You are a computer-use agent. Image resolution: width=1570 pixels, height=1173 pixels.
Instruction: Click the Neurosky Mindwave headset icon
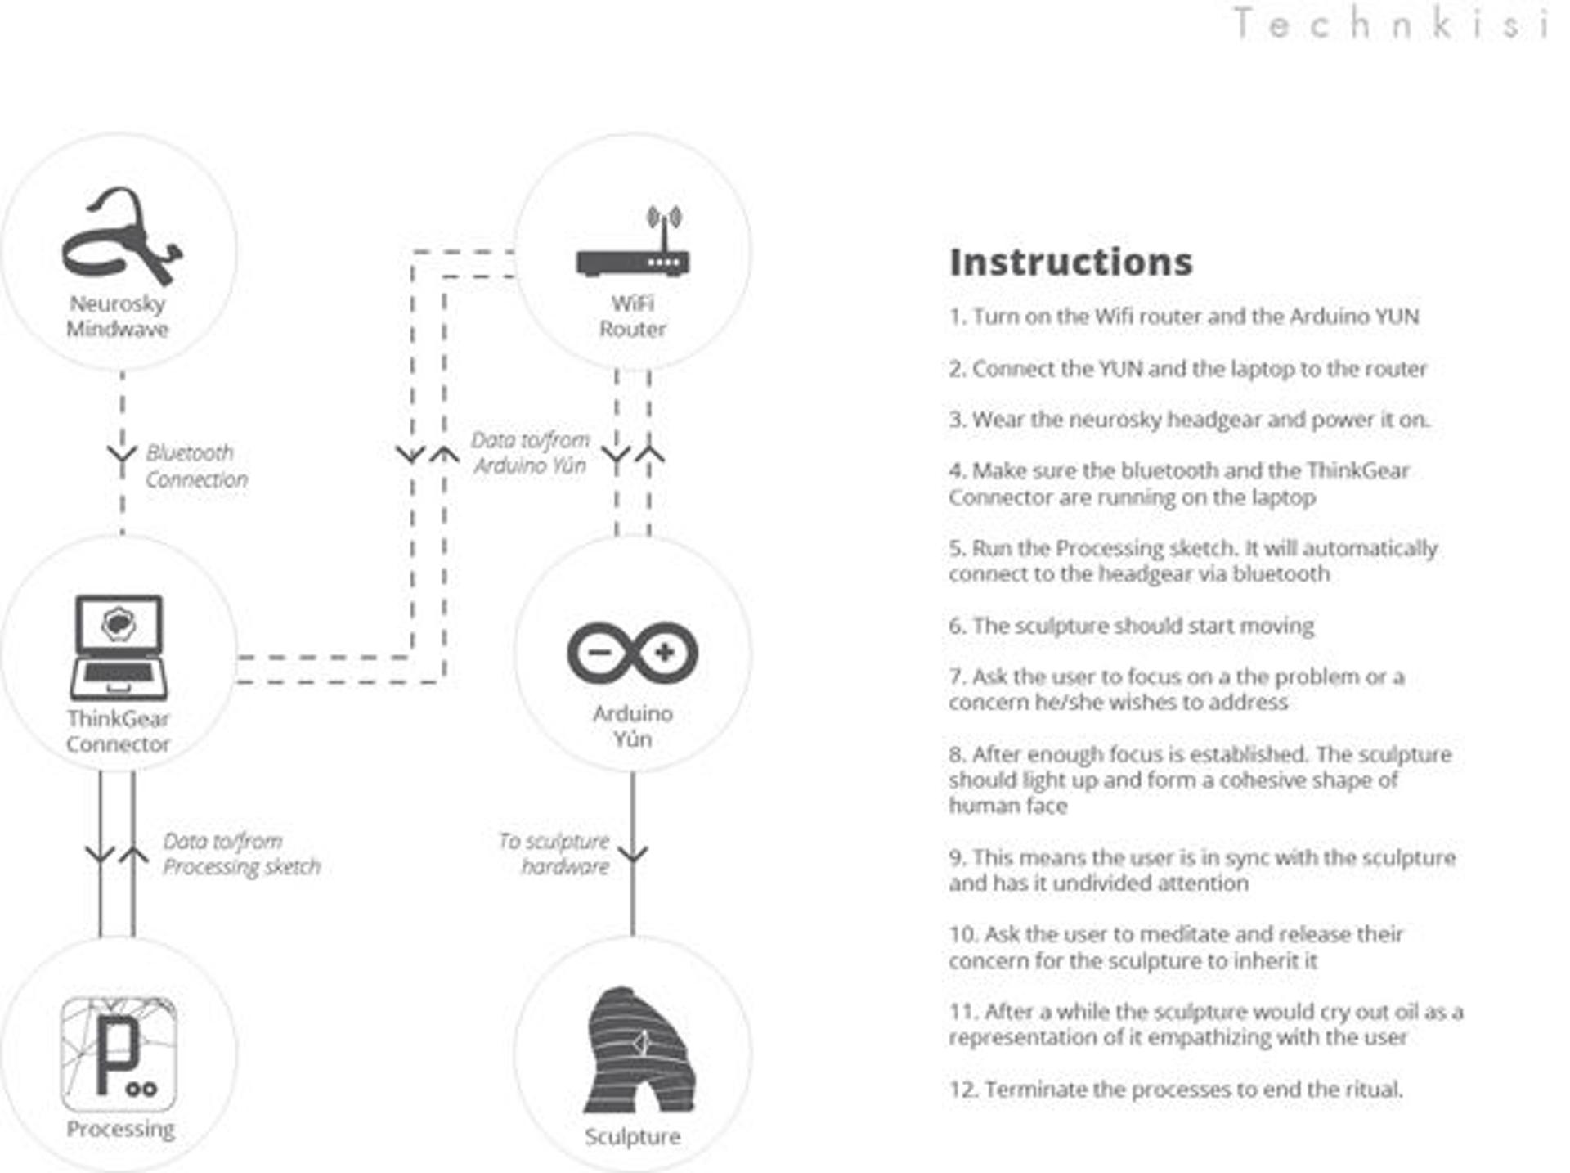pyautogui.click(x=121, y=237)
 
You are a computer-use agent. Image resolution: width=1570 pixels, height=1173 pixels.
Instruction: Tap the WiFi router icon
pyautogui.click(x=632, y=245)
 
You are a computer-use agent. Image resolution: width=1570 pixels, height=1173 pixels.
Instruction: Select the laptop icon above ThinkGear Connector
pyautogui.click(x=119, y=646)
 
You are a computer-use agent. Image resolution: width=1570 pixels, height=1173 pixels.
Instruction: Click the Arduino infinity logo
pyautogui.click(x=632, y=653)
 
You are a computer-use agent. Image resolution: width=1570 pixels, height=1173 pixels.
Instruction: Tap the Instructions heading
pyautogui.click(x=1070, y=263)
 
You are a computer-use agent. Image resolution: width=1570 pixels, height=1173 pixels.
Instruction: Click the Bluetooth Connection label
pyautogui.click(x=196, y=466)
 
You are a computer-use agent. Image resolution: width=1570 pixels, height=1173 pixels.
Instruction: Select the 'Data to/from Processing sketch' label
pyautogui.click(x=241, y=853)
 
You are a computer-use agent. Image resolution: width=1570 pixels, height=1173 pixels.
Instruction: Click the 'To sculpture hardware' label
pyautogui.click(x=554, y=853)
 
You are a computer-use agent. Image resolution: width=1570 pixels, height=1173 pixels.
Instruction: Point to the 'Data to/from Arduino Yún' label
pyautogui.click(x=530, y=452)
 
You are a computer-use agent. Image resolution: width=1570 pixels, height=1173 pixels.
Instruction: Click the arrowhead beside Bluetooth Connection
pyautogui.click(x=122, y=453)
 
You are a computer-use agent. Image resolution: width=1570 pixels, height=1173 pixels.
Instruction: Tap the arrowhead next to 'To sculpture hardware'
pyautogui.click(x=632, y=854)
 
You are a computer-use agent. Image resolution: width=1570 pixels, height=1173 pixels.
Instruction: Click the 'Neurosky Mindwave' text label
pyautogui.click(x=118, y=317)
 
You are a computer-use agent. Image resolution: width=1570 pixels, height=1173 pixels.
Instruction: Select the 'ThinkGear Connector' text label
pyautogui.click(x=119, y=731)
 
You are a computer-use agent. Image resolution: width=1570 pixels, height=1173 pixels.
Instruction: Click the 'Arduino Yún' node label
pyautogui.click(x=632, y=726)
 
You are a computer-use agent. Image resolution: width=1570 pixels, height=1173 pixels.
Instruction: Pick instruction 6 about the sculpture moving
pyautogui.click(x=1131, y=626)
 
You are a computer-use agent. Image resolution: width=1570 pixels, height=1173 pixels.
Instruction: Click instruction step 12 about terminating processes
pyautogui.click(x=1176, y=1090)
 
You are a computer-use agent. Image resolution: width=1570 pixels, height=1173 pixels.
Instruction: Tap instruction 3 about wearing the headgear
pyautogui.click(x=1189, y=420)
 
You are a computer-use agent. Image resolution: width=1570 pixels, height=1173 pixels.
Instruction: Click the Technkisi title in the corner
pyautogui.click(x=1390, y=23)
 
